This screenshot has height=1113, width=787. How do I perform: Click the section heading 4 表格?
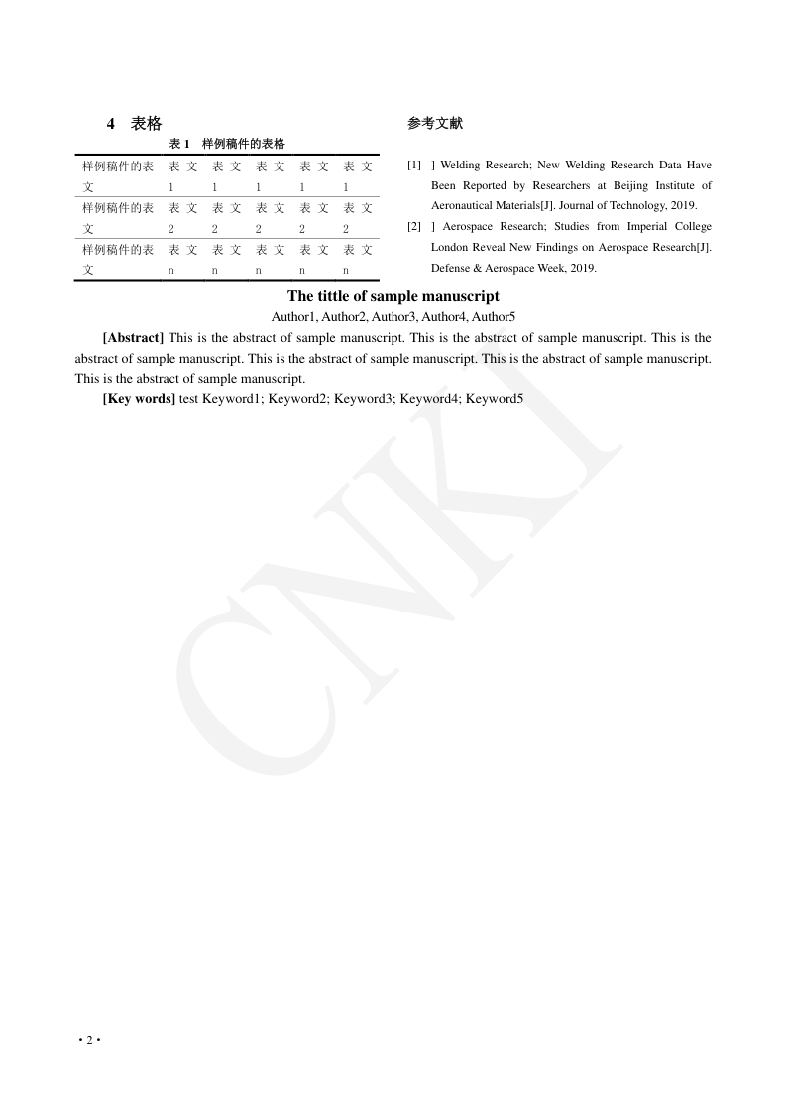pos(135,124)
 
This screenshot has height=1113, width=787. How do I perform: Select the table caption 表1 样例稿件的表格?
pos(228,144)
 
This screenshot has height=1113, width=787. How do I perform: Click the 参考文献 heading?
pos(434,124)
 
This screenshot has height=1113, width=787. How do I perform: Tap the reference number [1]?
pos(414,165)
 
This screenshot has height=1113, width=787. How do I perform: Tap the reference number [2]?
pos(414,227)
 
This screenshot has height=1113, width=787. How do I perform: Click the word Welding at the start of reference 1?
pos(463,165)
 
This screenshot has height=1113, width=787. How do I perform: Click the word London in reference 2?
pos(449,247)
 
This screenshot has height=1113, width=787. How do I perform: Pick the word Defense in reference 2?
pos(450,268)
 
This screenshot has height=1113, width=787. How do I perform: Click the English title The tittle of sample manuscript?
pos(393,296)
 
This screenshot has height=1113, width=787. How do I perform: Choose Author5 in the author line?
pos(494,317)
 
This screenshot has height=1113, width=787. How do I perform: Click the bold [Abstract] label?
pos(133,338)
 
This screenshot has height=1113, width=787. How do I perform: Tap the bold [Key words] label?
pos(139,399)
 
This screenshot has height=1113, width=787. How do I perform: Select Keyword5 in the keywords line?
pos(495,399)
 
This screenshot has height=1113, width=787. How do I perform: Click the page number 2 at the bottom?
pos(89,1039)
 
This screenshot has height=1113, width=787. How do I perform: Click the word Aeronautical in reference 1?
pos(462,206)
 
